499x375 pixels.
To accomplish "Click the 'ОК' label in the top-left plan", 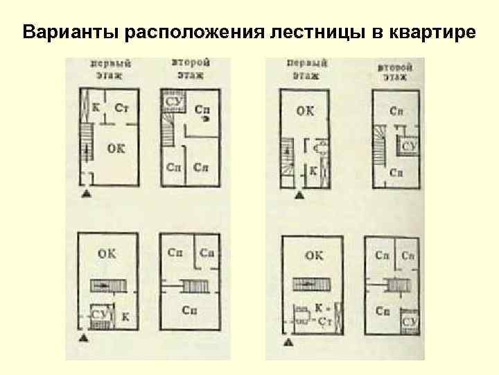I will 116,149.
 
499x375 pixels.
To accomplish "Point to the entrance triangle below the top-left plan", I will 86,194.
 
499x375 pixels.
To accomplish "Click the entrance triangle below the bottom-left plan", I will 84,339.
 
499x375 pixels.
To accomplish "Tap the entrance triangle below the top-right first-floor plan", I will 300,196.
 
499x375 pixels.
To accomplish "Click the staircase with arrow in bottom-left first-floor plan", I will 105,285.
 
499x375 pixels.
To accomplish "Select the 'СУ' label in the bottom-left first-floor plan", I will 98,315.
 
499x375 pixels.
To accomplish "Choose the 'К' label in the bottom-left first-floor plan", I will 125,317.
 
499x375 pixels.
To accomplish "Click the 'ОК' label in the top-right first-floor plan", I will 305,109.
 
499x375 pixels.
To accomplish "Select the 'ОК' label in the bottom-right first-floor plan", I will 313,256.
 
